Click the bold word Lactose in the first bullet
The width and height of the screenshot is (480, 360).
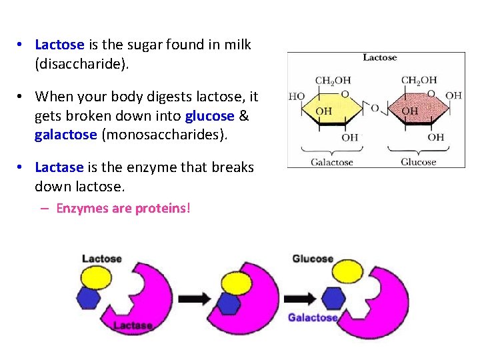(x=59, y=45)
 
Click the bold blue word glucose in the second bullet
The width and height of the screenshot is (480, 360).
(x=210, y=115)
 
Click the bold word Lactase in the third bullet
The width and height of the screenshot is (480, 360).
(x=59, y=167)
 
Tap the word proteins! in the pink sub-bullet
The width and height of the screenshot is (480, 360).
(x=163, y=209)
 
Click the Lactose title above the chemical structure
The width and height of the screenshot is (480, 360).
(x=379, y=58)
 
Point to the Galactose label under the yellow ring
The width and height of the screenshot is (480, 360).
(x=331, y=161)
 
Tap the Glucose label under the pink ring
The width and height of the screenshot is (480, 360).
(x=418, y=161)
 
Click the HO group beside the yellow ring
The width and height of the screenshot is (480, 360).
(x=297, y=96)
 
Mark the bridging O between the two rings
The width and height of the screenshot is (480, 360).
(x=375, y=108)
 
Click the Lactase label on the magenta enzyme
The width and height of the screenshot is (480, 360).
(x=133, y=325)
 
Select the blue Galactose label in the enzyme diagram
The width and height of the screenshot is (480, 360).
(x=313, y=317)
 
